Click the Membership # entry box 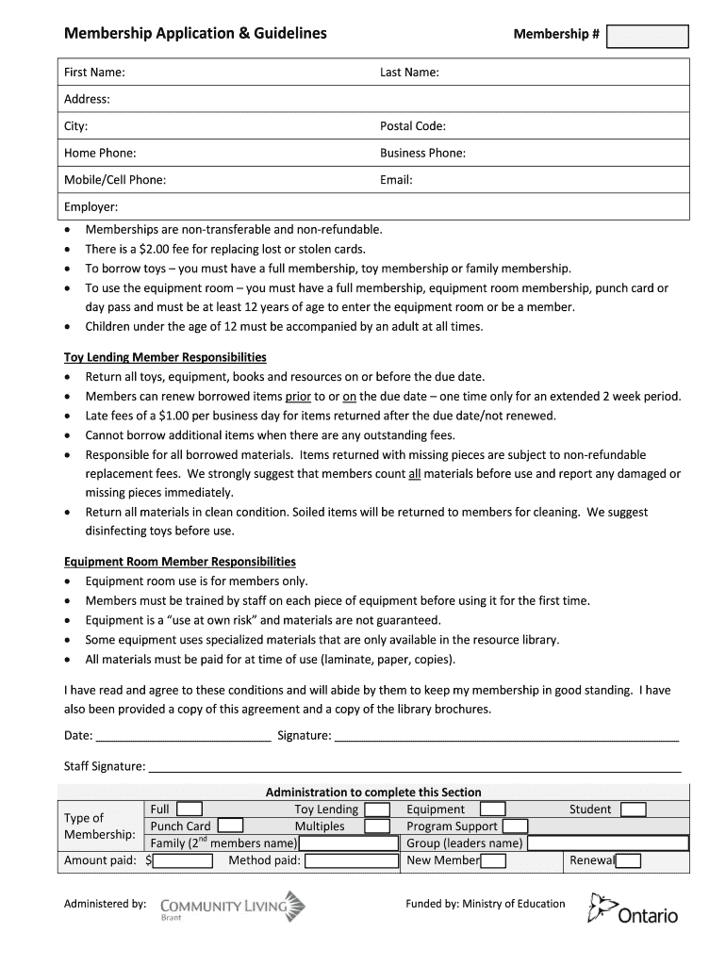click(x=648, y=36)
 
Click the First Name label click(x=94, y=73)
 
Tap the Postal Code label click(x=413, y=126)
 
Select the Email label click(x=396, y=179)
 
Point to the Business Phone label click(x=422, y=153)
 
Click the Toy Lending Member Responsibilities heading click(x=165, y=357)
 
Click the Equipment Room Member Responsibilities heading click(x=179, y=562)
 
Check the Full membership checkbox click(x=189, y=809)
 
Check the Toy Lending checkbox click(x=377, y=810)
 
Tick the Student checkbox click(x=633, y=810)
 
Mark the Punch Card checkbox click(x=230, y=826)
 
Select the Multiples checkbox click(x=377, y=826)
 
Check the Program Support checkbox click(x=515, y=826)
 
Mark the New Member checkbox click(x=493, y=860)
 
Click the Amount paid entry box click(x=183, y=860)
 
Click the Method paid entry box click(x=352, y=860)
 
